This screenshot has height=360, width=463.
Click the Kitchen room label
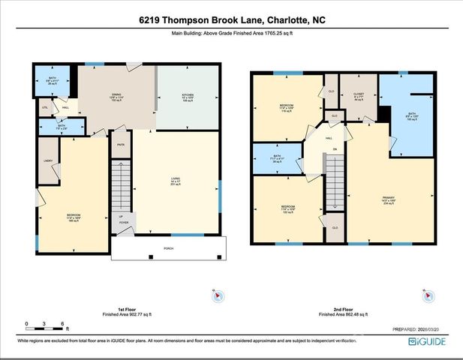click(188, 97)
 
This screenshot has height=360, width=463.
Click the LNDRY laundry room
click(48, 160)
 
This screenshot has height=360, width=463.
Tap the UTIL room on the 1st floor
click(44, 108)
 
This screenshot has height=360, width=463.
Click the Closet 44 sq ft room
click(357, 97)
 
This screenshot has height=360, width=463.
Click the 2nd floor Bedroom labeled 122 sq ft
click(287, 208)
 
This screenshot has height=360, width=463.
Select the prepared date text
click(421, 328)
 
